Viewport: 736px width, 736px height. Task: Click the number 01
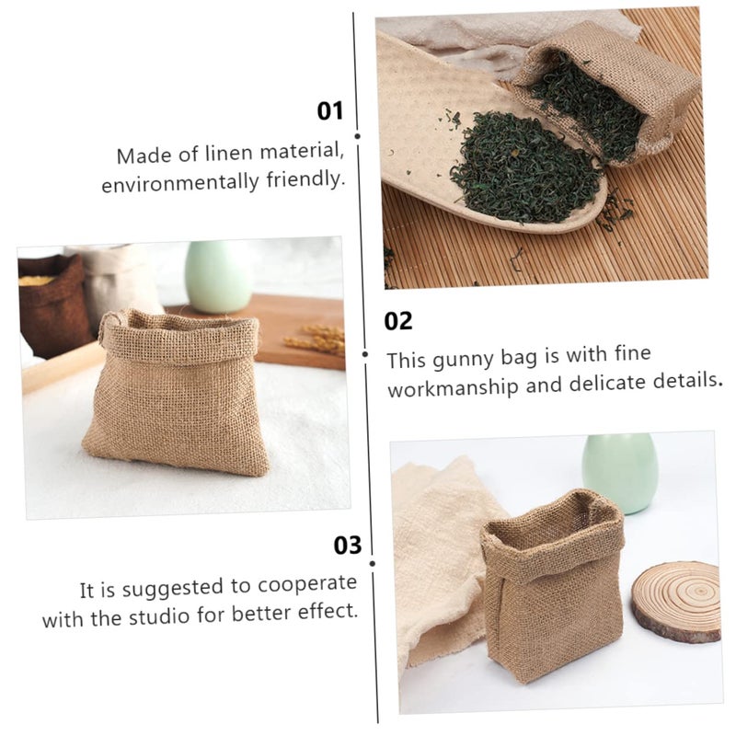[329, 111]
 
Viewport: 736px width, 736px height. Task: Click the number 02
[398, 321]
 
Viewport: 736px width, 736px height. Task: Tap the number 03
[347, 545]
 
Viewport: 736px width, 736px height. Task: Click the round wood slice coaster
[675, 601]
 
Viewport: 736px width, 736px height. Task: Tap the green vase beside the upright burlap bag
[619, 472]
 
